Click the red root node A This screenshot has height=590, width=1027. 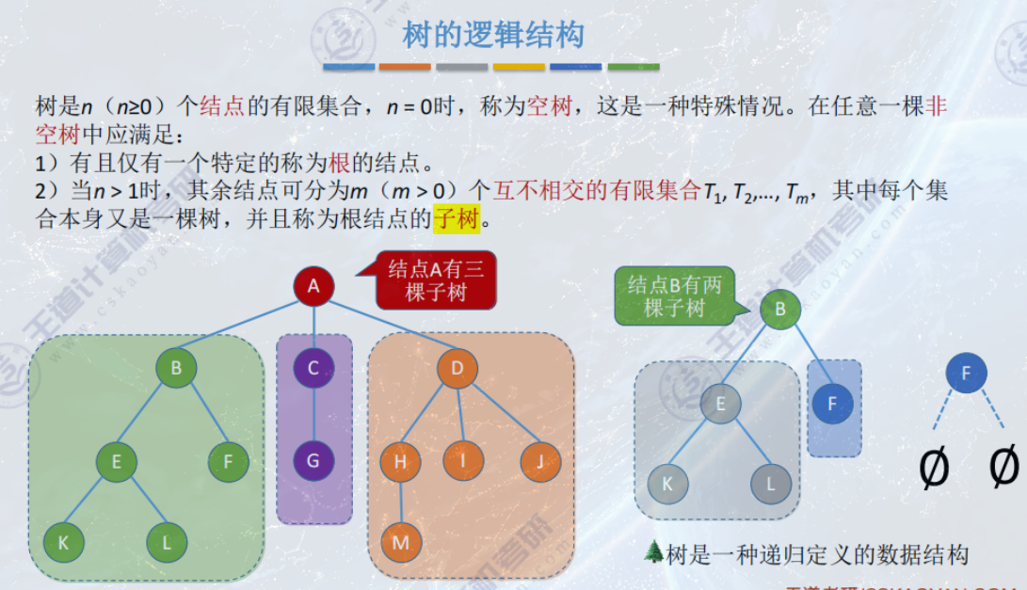(313, 287)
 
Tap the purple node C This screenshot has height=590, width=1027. (313, 367)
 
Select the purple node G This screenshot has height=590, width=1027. (313, 462)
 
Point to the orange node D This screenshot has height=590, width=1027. (457, 367)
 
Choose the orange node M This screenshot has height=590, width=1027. (401, 542)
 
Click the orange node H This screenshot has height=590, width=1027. (401, 461)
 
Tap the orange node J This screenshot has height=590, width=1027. (540, 461)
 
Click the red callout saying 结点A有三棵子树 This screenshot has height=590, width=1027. (436, 280)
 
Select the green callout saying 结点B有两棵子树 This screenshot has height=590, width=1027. (674, 296)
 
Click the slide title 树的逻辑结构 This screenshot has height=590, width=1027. (493, 36)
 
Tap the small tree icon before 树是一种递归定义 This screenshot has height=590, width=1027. (654, 552)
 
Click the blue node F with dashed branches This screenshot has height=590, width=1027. (966, 374)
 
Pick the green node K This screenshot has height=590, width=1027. (63, 542)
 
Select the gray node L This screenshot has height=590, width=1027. (771, 484)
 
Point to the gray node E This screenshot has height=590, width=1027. (720, 405)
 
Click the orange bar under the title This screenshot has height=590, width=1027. (405, 67)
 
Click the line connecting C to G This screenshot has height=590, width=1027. (313, 414)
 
